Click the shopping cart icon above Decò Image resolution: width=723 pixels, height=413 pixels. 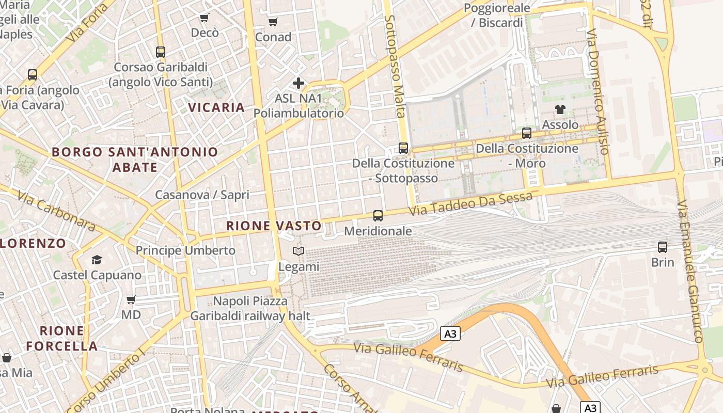(205, 18)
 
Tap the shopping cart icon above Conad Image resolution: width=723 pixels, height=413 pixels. (273, 22)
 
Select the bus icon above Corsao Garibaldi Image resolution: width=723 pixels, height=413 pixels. (161, 52)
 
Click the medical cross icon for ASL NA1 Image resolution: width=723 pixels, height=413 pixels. (298, 83)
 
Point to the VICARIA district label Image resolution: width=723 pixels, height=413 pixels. (216, 107)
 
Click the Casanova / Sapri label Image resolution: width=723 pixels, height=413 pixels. (202, 195)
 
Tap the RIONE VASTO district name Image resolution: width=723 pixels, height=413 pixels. (274, 226)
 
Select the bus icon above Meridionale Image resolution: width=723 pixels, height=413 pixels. (378, 216)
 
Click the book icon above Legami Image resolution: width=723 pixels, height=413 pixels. (298, 251)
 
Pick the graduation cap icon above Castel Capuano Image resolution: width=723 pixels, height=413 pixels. (97, 260)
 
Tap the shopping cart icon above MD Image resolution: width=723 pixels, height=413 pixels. (131, 299)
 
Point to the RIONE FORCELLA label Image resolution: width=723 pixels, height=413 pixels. (62, 338)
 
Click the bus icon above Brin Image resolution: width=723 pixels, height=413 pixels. (663, 247)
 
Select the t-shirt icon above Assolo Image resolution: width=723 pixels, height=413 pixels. (560, 109)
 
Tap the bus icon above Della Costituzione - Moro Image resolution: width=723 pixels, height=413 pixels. (527, 133)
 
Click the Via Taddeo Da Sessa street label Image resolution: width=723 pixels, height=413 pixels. (470, 204)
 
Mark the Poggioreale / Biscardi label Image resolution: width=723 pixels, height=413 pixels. (497, 15)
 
